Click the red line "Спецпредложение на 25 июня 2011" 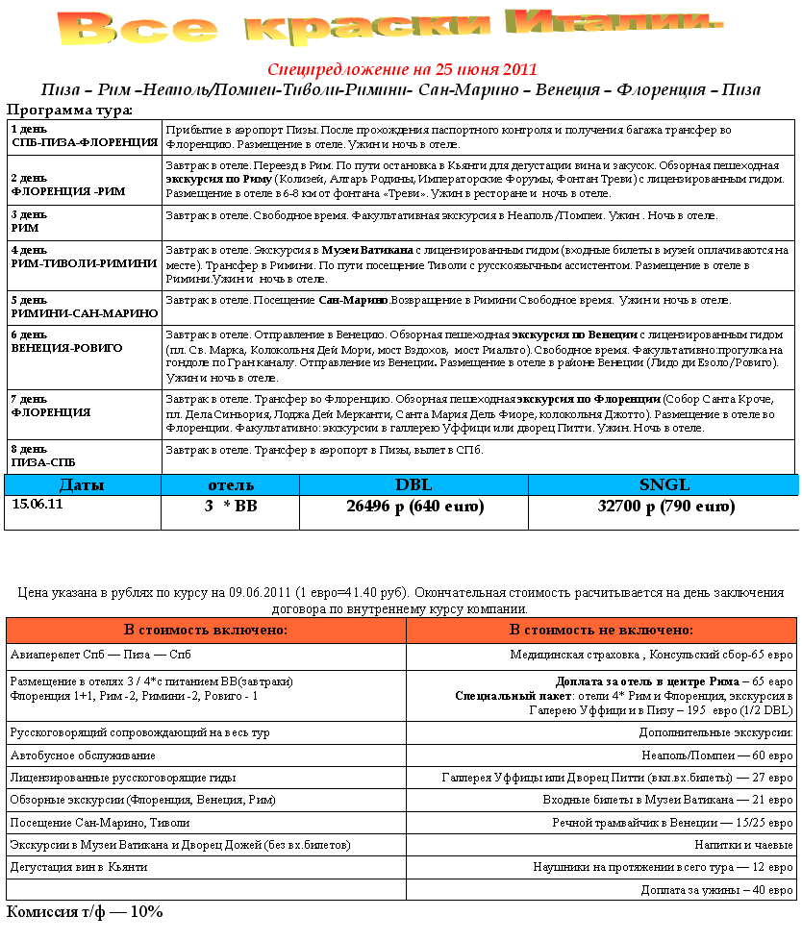pyautogui.click(x=401, y=70)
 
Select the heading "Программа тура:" pyautogui.click(x=69, y=110)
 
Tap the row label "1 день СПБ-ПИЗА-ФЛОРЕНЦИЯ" pyautogui.click(x=85, y=136)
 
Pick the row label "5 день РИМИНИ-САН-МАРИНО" pyautogui.click(x=85, y=307)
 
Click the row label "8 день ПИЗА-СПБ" pyautogui.click(x=42, y=456)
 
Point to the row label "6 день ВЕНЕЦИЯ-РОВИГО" pyautogui.click(x=67, y=341)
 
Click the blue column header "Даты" pyautogui.click(x=82, y=484)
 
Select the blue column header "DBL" pyautogui.click(x=414, y=484)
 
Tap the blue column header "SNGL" pyautogui.click(x=664, y=484)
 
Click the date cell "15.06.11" pyautogui.click(x=38, y=503)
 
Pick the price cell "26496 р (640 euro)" pyautogui.click(x=414, y=507)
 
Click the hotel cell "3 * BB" pyautogui.click(x=231, y=507)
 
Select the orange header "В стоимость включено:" pyautogui.click(x=206, y=630)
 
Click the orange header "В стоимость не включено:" pyautogui.click(x=602, y=630)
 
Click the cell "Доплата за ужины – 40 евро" pyautogui.click(x=716, y=890)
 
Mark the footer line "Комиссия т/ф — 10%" pyautogui.click(x=85, y=911)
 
